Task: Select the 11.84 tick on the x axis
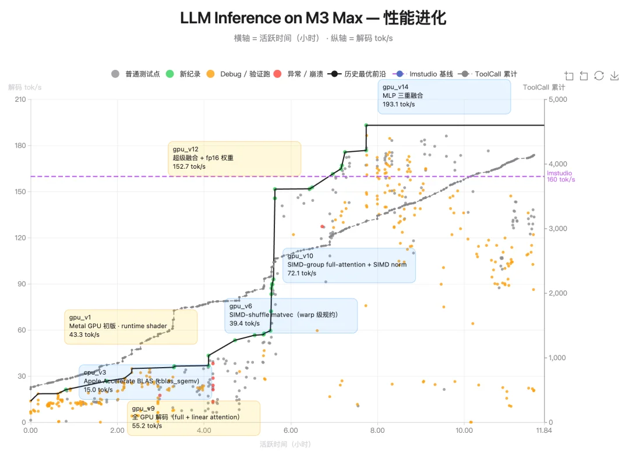click(543, 431)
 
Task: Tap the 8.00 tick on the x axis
click(377, 431)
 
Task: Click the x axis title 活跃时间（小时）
click(285, 444)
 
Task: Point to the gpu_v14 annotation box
click(444, 96)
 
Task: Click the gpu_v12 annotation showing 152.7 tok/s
click(234, 158)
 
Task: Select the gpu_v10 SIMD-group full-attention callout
click(349, 265)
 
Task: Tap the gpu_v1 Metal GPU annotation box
click(130, 326)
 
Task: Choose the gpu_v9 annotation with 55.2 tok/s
click(193, 417)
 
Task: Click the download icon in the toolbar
click(614, 76)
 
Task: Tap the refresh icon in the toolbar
click(599, 76)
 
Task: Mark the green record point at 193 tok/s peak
click(366, 125)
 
